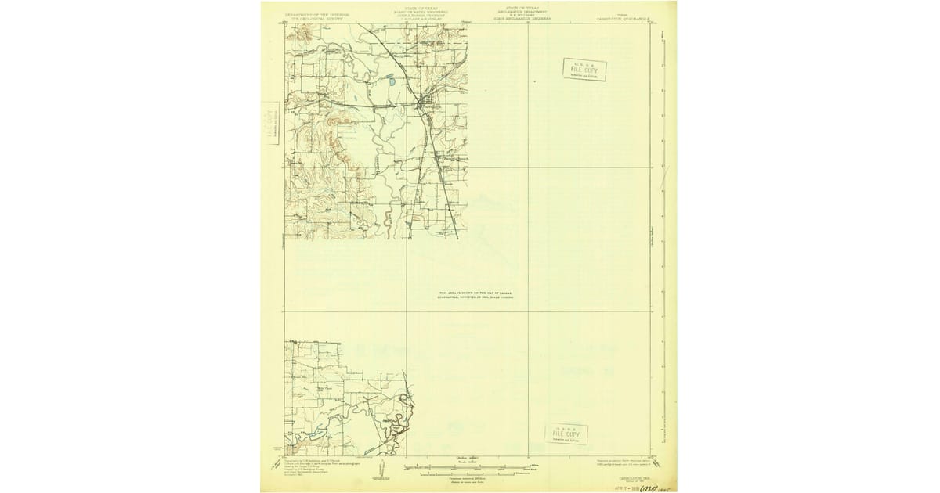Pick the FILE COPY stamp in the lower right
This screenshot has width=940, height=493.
(x=566, y=434)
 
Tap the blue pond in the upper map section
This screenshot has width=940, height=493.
(x=389, y=79)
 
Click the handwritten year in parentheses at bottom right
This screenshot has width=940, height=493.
(x=648, y=487)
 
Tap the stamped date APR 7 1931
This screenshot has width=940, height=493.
(x=621, y=487)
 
